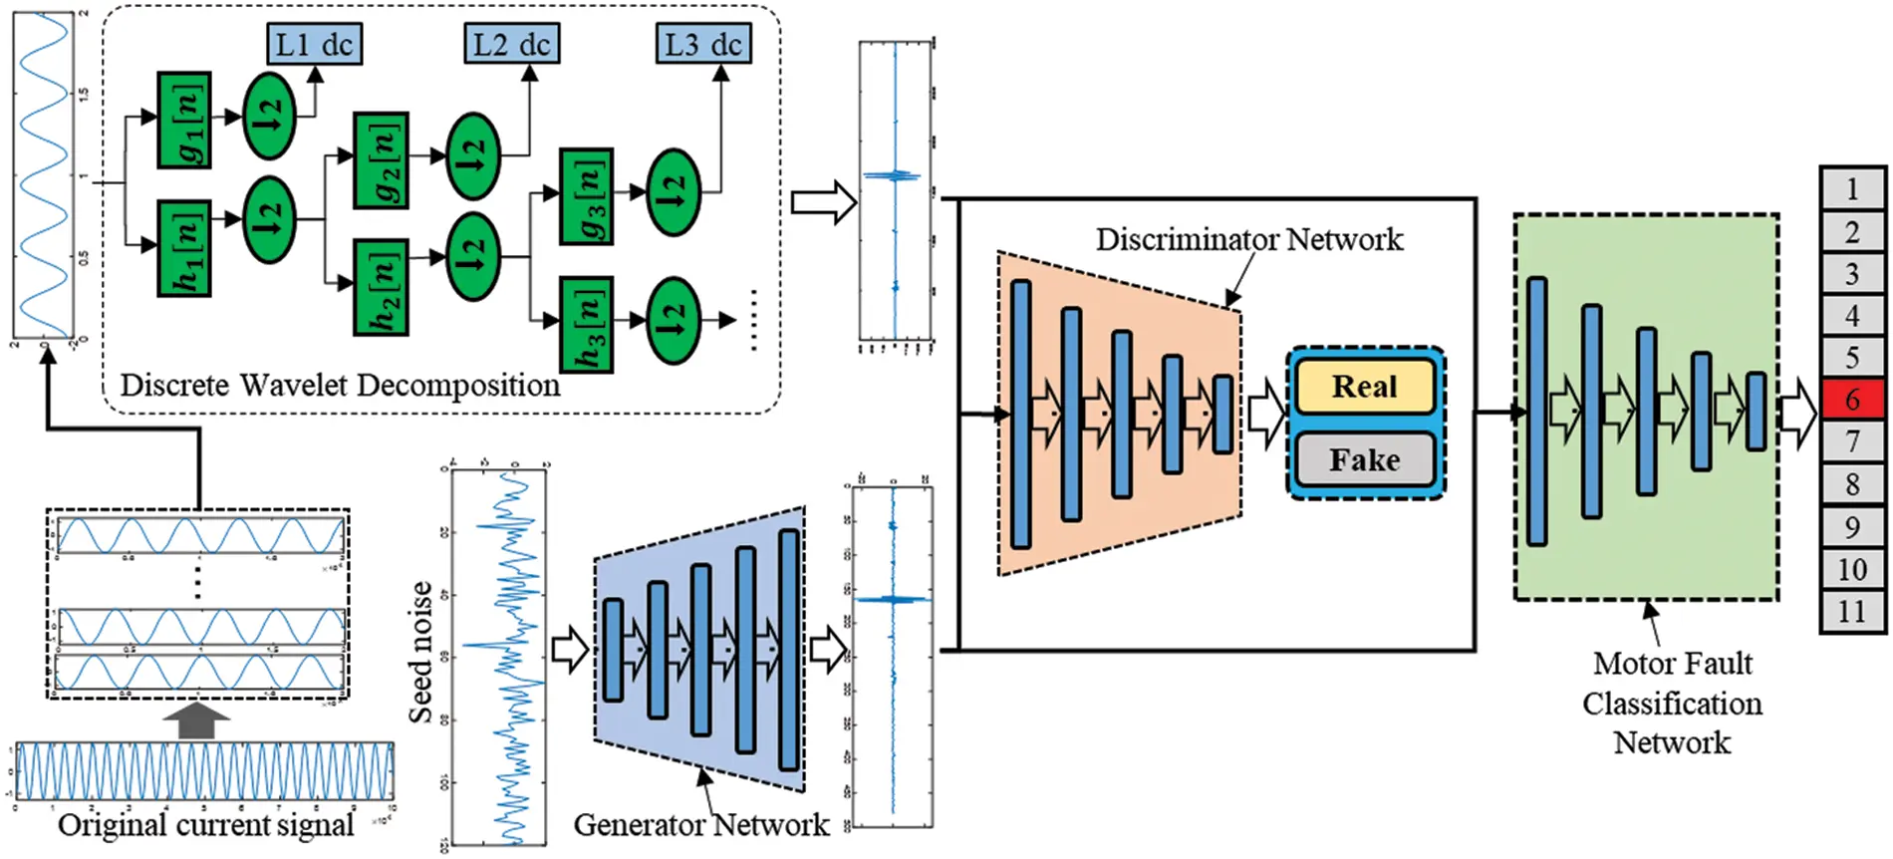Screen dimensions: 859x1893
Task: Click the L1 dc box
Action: (314, 45)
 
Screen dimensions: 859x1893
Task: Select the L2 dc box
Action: (511, 45)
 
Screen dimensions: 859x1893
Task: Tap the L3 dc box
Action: (702, 45)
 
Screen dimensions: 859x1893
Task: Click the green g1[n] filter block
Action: (184, 120)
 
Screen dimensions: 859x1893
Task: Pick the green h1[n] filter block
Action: (184, 248)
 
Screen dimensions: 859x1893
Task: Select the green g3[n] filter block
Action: (586, 196)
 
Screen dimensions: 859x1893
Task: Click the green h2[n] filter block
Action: (382, 287)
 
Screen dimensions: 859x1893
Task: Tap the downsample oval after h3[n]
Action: (674, 321)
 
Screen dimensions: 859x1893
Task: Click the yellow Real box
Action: (1365, 387)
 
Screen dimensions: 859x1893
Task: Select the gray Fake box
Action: (1365, 459)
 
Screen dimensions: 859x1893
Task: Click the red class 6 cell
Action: (1852, 399)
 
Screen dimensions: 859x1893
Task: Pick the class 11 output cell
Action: (1852, 611)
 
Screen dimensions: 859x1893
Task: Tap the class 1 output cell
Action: (1852, 188)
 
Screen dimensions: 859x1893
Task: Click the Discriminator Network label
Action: (1249, 239)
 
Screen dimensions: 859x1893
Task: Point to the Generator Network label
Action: (700, 824)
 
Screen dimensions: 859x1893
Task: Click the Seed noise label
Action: (420, 653)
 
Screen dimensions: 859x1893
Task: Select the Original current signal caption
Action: (205, 825)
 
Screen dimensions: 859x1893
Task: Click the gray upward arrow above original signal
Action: (196, 721)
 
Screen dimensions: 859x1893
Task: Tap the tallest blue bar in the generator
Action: (789, 650)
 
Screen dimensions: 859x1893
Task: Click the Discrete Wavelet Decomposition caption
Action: (340, 386)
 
